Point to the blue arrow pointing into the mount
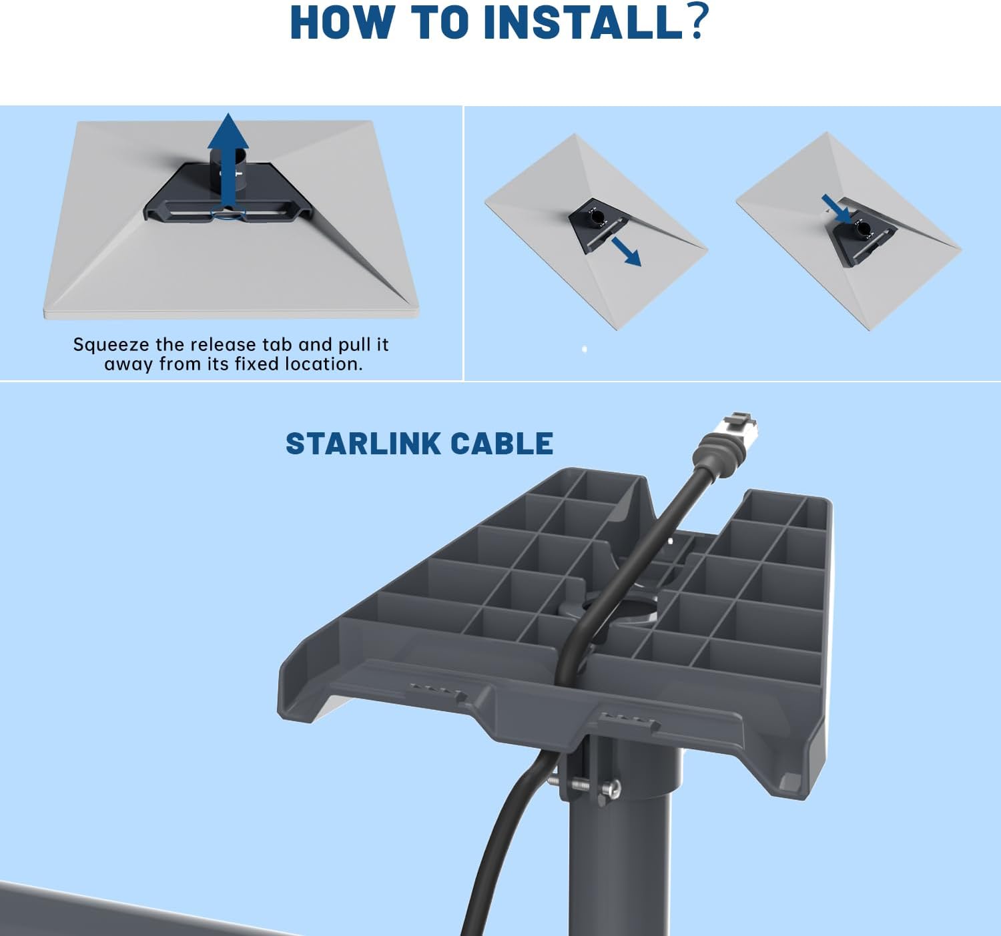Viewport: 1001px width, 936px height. pyautogui.click(x=836, y=209)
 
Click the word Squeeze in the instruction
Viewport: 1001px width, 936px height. pyautogui.click(x=111, y=345)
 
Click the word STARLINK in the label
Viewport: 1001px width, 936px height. pyautogui.click(x=363, y=444)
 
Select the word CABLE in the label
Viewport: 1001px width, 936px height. pyautogui.click(x=502, y=444)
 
